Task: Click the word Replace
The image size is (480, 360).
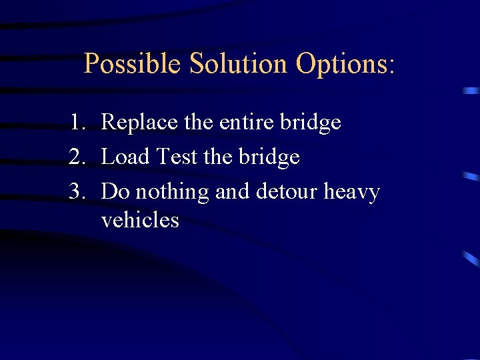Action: tap(140, 123)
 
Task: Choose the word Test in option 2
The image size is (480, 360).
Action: tap(176, 157)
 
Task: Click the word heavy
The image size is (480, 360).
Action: tap(351, 193)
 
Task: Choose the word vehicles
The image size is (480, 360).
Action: tap(140, 219)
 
